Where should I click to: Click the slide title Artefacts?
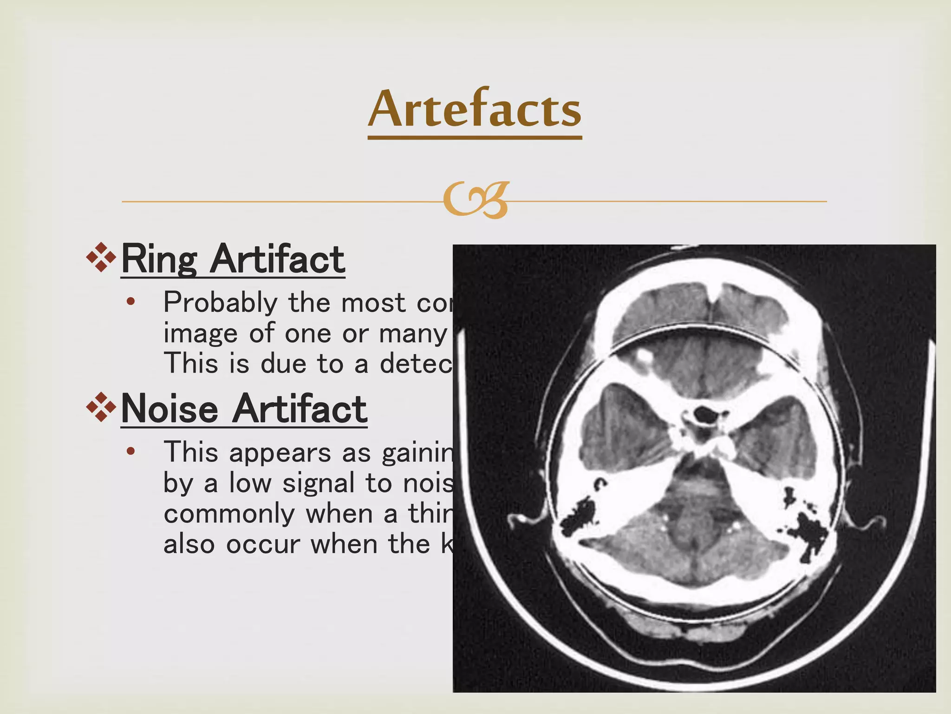point(475,110)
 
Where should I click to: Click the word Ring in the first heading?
point(159,259)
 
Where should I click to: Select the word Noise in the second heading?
point(169,409)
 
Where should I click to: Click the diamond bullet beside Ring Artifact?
point(101,257)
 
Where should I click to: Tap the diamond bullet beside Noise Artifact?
point(101,407)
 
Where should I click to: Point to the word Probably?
point(220,303)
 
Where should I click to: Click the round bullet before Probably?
point(131,302)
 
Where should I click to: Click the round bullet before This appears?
point(131,451)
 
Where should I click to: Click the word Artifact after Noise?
point(300,409)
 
